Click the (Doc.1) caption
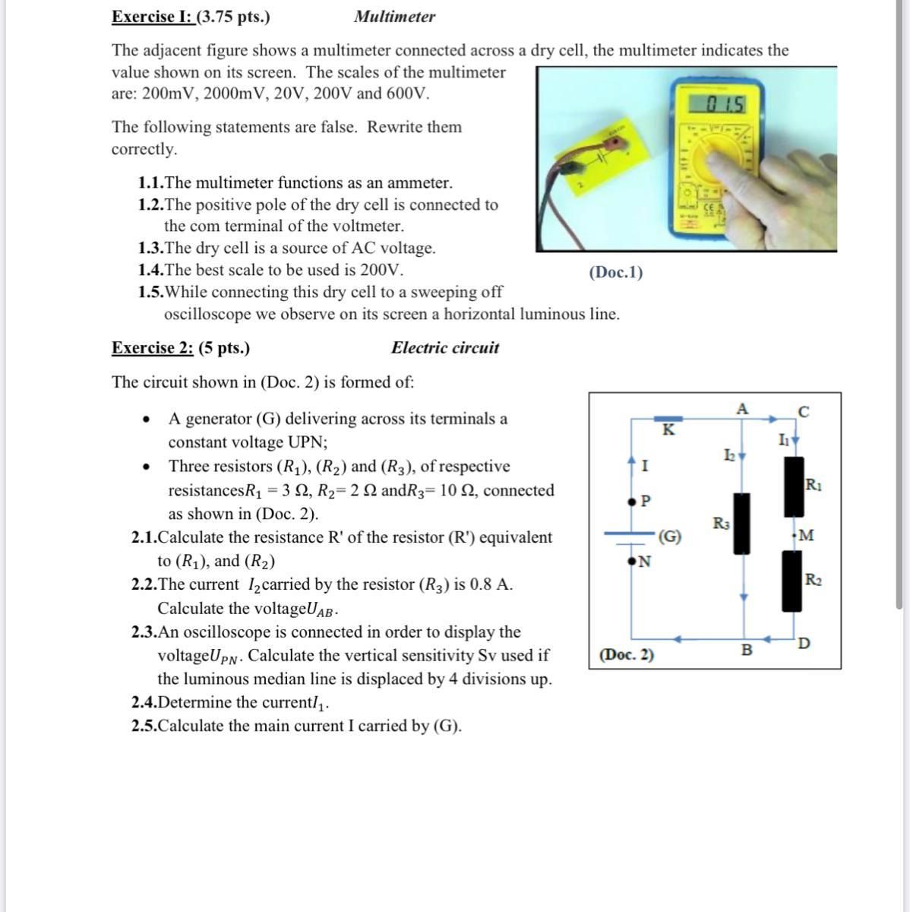[x=615, y=272]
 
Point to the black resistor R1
[x=794, y=486]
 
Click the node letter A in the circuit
[x=742, y=409]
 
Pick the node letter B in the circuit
[x=746, y=651]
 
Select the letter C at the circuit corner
[x=804, y=413]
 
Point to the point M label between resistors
[x=805, y=536]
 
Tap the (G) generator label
[x=669, y=537]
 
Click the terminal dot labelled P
[x=631, y=502]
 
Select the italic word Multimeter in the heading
[x=394, y=17]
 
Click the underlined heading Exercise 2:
[x=153, y=348]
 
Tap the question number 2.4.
[x=144, y=702]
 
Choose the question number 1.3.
[x=150, y=249]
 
